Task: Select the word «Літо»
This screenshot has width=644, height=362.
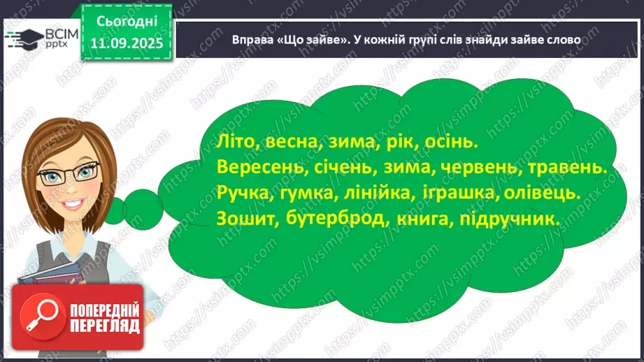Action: point(220,142)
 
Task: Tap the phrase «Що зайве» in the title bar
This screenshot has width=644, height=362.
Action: point(301,40)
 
